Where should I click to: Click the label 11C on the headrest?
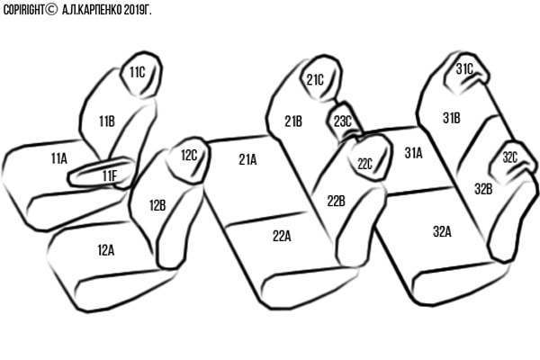click(x=137, y=72)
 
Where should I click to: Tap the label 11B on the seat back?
click(x=107, y=121)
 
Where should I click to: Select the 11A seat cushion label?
click(x=59, y=157)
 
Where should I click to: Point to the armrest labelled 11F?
click(x=109, y=175)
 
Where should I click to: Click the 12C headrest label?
click(x=189, y=155)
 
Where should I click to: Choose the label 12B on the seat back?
click(x=157, y=205)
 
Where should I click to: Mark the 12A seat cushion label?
click(x=106, y=249)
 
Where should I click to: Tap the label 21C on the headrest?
click(x=315, y=79)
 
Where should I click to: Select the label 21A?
click(x=247, y=159)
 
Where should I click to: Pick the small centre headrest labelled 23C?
click(x=343, y=120)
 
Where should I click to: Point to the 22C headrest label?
click(x=364, y=164)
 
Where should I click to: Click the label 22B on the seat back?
click(x=336, y=201)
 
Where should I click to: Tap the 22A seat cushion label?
click(x=282, y=236)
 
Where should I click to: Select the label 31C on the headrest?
click(x=464, y=68)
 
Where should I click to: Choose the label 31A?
click(x=413, y=153)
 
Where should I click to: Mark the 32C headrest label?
click(x=509, y=158)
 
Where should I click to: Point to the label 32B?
click(x=483, y=189)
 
